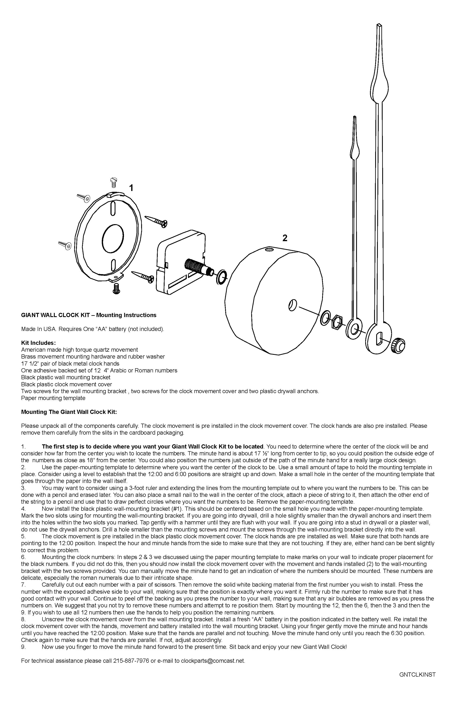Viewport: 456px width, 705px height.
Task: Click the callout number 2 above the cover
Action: point(285,238)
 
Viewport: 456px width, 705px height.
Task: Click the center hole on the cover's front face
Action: point(292,305)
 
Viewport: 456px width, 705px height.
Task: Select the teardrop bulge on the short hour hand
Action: point(355,151)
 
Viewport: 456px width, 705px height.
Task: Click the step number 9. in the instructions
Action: point(23,647)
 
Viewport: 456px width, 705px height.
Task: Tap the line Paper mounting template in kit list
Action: point(53,398)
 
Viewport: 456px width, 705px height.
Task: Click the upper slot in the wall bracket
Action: point(113,209)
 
